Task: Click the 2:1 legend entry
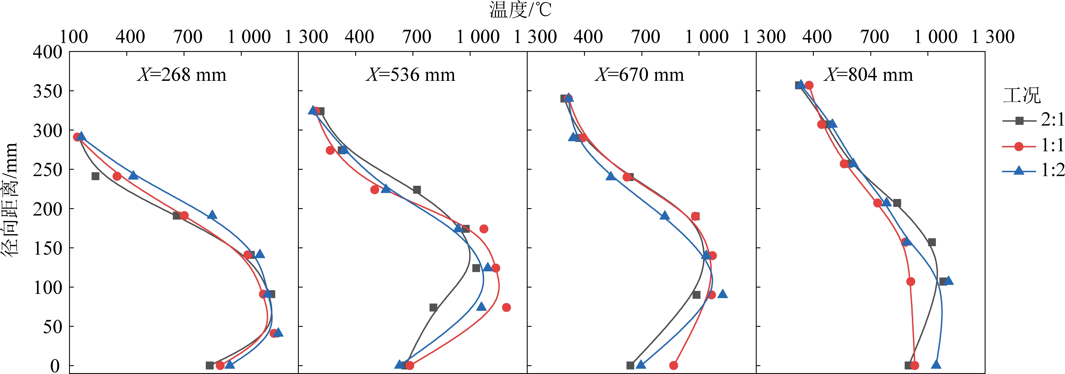1034,121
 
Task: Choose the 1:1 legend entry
1034,146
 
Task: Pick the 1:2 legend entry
1034,170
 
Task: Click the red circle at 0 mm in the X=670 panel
674,365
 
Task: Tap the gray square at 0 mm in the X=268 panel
210,365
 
